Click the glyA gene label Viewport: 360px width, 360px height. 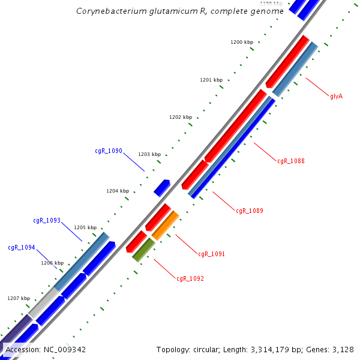pyautogui.click(x=336, y=96)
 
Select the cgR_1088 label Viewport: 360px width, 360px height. pyautogui.click(x=290, y=161)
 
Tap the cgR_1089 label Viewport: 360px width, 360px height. pyautogui.click(x=249, y=211)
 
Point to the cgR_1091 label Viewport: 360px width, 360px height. pyautogui.click(x=211, y=254)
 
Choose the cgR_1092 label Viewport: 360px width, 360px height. pyautogui.click(x=190, y=278)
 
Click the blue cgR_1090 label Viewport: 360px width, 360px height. pyautogui.click(x=108, y=151)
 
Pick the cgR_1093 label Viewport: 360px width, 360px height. pyautogui.click(x=47, y=220)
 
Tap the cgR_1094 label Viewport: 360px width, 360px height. pyautogui.click(x=21, y=247)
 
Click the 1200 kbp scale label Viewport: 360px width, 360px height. pyautogui.click(x=242, y=42)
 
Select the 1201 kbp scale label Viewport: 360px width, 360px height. pyautogui.click(x=211, y=80)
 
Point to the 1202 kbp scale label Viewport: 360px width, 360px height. pyautogui.click(x=181, y=117)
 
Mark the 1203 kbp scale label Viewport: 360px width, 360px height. pyautogui.click(x=149, y=154)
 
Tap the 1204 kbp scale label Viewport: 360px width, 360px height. pyautogui.click(x=118, y=191)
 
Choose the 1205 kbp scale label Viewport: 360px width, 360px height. pyautogui.click(x=85, y=227)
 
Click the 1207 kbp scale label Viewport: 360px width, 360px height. pyautogui.click(x=19, y=298)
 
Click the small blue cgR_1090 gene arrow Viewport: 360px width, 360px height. pyautogui.click(x=161, y=188)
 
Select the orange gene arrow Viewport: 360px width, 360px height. pyautogui.click(x=166, y=225)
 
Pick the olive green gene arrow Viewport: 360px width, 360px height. pyautogui.click(x=143, y=250)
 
